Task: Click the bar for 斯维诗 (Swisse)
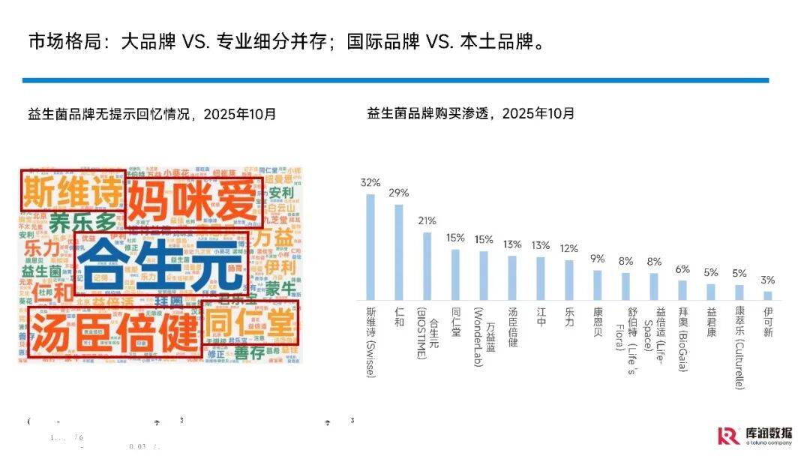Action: (370, 247)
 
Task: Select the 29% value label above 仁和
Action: (398, 193)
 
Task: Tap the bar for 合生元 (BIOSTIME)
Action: (427, 266)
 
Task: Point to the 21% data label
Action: (427, 221)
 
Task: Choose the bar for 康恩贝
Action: (597, 285)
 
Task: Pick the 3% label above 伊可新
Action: (767, 280)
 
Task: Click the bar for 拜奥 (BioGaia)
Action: (682, 290)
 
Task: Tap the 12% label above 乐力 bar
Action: (569, 248)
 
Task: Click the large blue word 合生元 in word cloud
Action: (161, 264)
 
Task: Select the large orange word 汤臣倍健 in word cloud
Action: (114, 333)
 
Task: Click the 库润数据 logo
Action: (754, 435)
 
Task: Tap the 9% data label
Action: (597, 259)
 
